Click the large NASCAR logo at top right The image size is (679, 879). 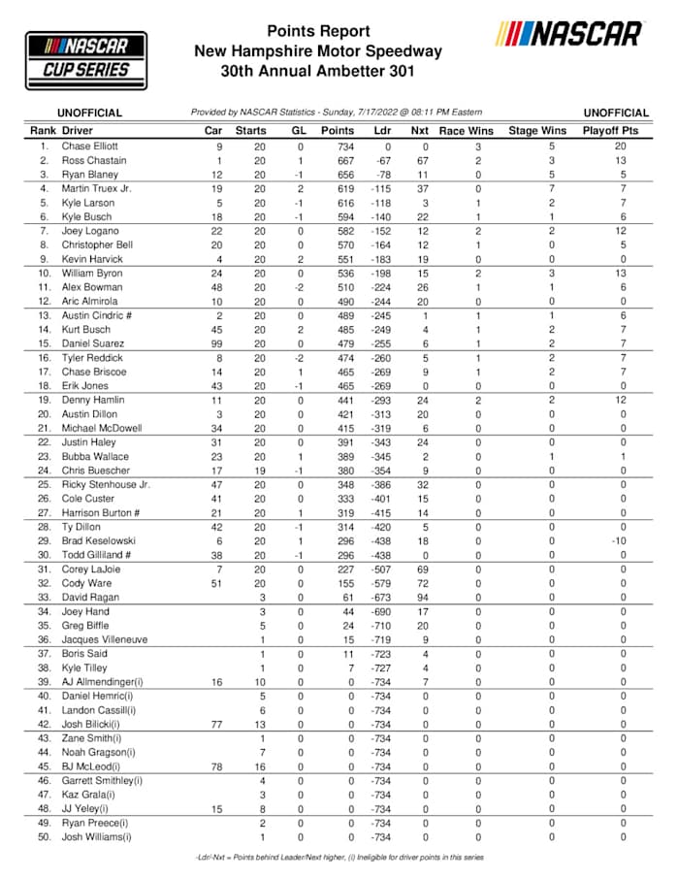(x=569, y=36)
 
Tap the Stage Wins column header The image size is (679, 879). (x=537, y=130)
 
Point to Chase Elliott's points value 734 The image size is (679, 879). (x=338, y=146)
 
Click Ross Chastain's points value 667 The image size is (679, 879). (x=338, y=160)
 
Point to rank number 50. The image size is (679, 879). (x=43, y=837)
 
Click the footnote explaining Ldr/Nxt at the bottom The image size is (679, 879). (x=339, y=857)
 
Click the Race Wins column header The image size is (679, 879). (x=466, y=130)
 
